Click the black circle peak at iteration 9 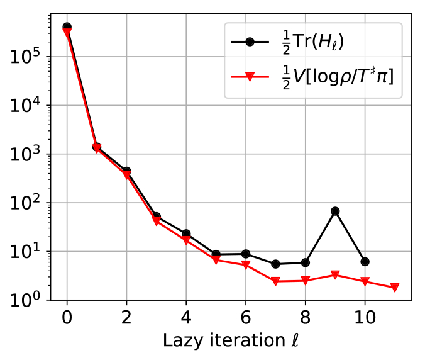(335, 211)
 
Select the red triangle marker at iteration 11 (395, 288)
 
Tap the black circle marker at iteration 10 (365, 261)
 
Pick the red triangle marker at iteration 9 (335, 275)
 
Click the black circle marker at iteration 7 (275, 264)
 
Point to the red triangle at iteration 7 (275, 281)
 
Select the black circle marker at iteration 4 (186, 233)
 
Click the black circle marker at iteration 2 (126, 171)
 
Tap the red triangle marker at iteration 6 (246, 265)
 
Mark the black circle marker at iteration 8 (306, 262)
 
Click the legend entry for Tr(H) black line (314, 43)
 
